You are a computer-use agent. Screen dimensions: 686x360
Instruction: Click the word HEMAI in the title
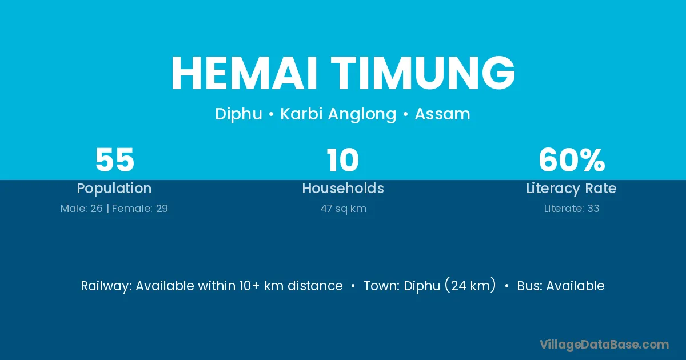244,73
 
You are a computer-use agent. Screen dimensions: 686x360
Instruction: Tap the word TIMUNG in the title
423,73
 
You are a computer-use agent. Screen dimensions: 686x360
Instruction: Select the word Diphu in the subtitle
238,114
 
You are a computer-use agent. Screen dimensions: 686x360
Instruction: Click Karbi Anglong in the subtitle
338,114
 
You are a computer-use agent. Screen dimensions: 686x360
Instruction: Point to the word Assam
442,114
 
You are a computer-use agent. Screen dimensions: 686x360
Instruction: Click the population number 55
115,160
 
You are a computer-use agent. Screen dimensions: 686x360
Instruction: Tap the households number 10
342,160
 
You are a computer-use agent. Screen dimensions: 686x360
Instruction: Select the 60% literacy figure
572,160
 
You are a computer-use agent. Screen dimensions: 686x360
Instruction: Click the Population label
114,189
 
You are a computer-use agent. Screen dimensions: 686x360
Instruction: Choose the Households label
343,188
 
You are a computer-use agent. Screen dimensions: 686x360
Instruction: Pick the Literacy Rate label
572,189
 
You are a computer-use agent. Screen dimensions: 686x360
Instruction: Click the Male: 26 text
81,209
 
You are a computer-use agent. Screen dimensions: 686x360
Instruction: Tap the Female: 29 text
140,209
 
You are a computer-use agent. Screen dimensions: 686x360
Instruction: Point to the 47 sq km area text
344,209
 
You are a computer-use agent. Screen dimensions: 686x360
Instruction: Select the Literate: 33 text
572,209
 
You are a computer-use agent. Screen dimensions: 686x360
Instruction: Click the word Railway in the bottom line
106,286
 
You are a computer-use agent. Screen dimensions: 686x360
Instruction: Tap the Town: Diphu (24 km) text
430,285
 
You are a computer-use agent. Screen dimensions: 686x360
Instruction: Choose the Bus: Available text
561,286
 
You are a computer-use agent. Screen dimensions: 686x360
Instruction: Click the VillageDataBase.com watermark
604,345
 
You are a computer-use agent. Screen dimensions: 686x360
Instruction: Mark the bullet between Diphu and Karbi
271,115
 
